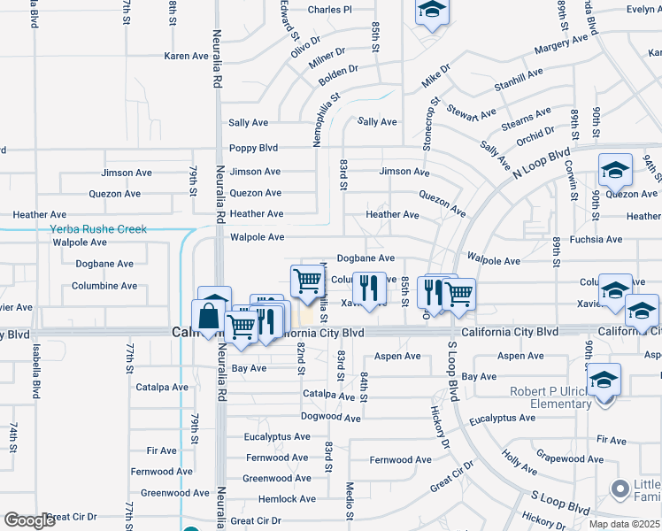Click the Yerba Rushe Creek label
98,229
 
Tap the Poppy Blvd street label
254,149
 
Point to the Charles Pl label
330,10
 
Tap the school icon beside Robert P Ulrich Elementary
604,381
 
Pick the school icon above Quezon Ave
615,169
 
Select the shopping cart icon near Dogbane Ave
306,281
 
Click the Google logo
28,520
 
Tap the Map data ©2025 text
624,524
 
